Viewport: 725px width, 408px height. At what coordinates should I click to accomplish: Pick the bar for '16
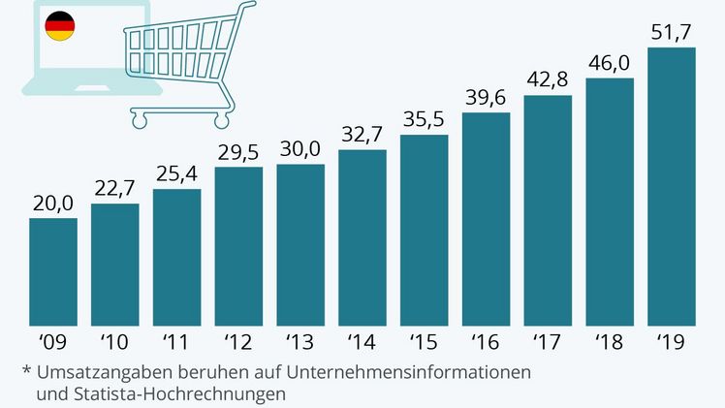[486, 223]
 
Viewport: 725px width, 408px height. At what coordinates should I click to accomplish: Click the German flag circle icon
[61, 27]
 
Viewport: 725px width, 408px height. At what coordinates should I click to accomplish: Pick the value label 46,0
[610, 63]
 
